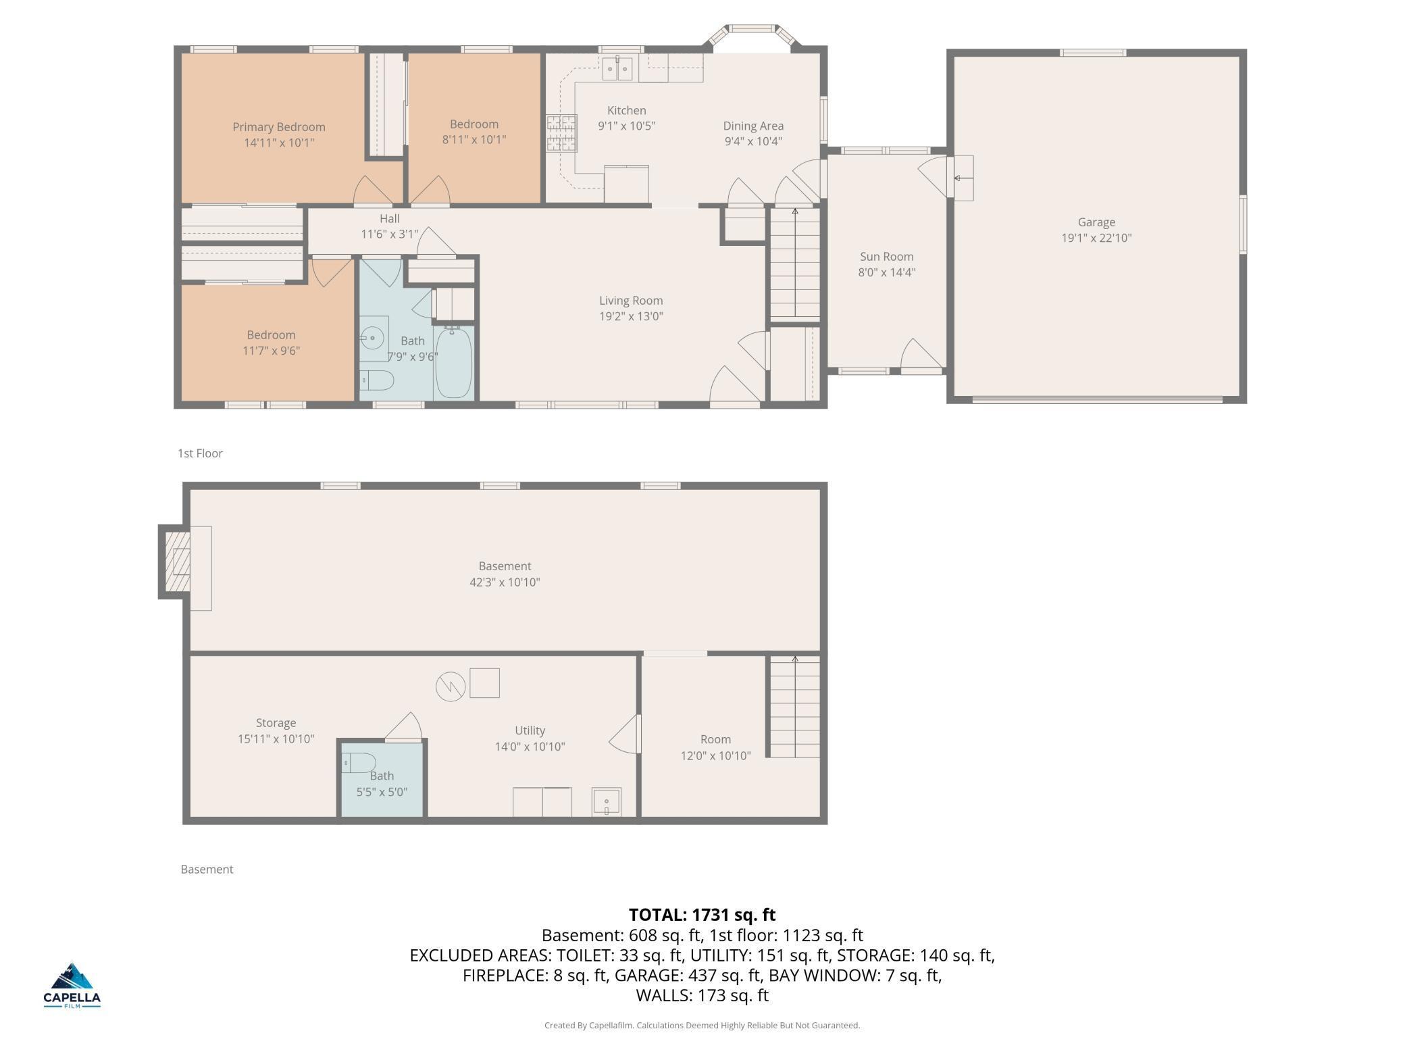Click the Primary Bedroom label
[279, 127]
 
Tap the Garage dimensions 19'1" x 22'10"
[1096, 238]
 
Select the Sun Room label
[887, 257]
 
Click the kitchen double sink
[617, 69]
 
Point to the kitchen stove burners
[562, 132]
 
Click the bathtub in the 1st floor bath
[454, 363]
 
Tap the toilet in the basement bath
[359, 763]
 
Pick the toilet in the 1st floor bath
[376, 380]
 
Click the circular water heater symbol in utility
[451, 687]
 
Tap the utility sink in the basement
[607, 802]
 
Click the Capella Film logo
[72, 985]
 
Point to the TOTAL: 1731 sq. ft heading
[702, 915]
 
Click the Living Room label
[631, 301]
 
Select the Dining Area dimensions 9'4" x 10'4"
[753, 141]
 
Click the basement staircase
[795, 706]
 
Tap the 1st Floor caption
[200, 453]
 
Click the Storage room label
[276, 723]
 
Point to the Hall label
[390, 219]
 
